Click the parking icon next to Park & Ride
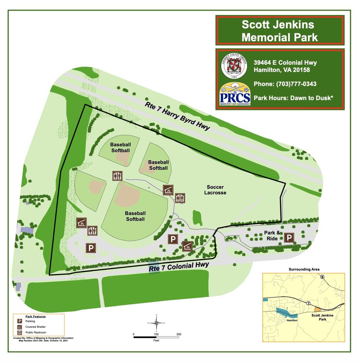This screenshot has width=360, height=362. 289,238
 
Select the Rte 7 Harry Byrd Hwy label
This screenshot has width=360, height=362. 178,116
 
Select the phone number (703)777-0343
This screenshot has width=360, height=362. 285,84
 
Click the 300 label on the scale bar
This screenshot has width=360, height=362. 179,334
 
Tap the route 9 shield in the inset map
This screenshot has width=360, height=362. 322,277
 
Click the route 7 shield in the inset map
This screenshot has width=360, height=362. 308,303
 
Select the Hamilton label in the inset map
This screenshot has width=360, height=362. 292,320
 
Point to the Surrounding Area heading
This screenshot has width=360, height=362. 304,269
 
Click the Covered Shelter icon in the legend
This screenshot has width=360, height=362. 20,327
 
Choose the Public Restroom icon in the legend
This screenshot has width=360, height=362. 20,333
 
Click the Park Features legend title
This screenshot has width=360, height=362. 35,316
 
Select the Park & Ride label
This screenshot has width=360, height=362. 272,236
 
